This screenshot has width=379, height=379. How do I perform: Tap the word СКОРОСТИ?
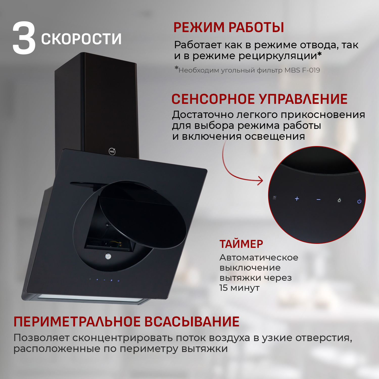tap(81, 39)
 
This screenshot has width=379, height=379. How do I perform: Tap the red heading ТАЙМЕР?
tap(241, 244)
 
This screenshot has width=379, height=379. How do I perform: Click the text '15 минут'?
tap(239, 288)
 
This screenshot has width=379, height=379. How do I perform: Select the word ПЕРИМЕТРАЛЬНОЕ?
tap(77, 322)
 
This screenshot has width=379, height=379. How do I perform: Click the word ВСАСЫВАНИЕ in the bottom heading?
tap(192, 322)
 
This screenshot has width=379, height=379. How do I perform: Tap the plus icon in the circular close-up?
tap(297, 199)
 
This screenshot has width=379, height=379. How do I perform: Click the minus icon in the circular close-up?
tap(318, 200)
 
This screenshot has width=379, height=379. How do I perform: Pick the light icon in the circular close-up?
tap(339, 200)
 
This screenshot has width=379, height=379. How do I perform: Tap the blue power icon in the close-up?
tap(359, 201)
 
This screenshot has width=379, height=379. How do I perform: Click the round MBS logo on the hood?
tap(112, 152)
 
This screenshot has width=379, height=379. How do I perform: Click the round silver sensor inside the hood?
tap(108, 256)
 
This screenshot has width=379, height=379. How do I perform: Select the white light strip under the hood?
tap(91, 298)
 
